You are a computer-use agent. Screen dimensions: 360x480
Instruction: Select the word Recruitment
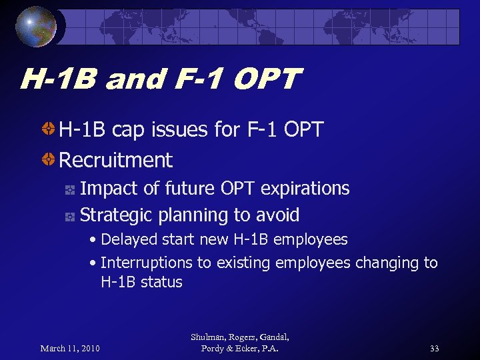coord(116,160)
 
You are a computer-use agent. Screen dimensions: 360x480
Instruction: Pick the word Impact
coord(109,189)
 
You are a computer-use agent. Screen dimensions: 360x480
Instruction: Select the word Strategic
coord(117,215)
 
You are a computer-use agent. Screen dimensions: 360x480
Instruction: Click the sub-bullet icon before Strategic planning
coord(69,216)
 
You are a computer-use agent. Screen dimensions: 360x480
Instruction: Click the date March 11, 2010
coord(70,349)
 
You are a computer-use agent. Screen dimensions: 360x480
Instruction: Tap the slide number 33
coord(435,349)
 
